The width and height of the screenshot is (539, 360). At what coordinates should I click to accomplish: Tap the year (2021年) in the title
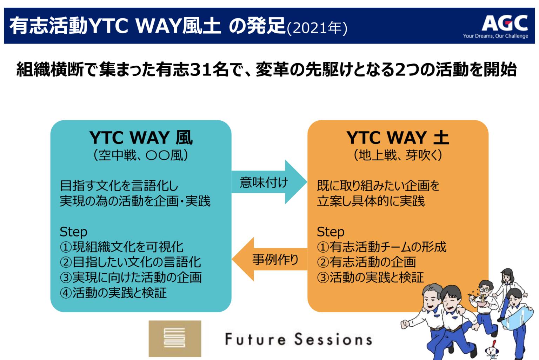click(x=317, y=28)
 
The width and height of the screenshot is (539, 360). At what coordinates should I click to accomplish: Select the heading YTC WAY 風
click(x=141, y=138)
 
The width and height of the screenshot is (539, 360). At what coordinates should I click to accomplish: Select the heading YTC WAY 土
click(x=398, y=138)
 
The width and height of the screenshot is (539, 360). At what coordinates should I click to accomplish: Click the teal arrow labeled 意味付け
click(x=268, y=182)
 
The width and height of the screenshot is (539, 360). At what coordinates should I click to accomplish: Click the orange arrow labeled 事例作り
click(x=270, y=260)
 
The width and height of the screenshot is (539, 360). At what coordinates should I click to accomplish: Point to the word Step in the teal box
click(x=73, y=232)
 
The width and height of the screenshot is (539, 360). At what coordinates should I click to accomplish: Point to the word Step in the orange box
click(x=331, y=232)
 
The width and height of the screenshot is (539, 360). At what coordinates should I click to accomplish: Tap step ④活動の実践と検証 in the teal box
click(x=113, y=292)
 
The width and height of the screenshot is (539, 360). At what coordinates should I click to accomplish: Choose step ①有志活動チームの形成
click(x=381, y=247)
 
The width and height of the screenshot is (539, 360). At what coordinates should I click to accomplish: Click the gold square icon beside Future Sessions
click(x=175, y=338)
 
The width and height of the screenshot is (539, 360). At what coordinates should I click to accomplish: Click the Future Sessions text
click(x=298, y=339)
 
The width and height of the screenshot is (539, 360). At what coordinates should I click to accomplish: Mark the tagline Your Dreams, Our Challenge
click(x=495, y=36)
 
